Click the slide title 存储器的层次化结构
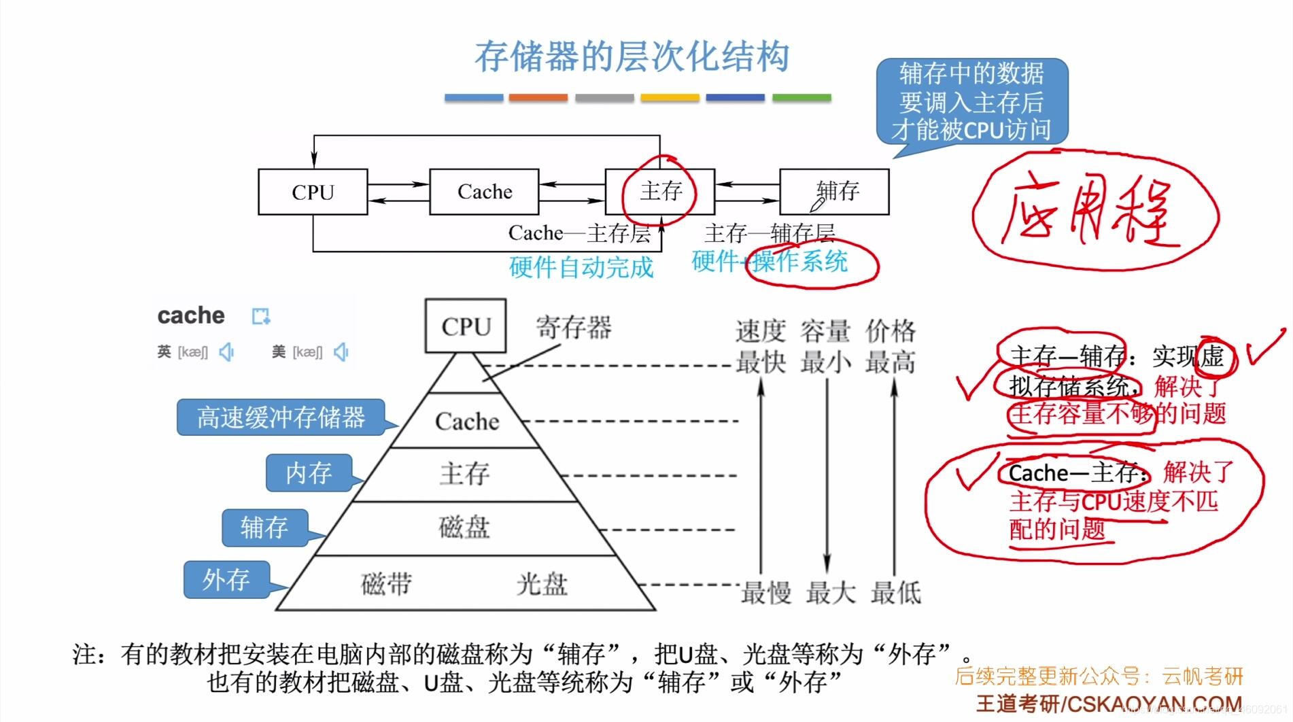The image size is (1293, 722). [632, 56]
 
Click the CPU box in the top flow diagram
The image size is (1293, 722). [313, 192]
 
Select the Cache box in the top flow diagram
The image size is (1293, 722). [484, 192]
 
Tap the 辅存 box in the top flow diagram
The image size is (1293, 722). [834, 192]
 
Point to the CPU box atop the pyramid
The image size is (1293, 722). [466, 326]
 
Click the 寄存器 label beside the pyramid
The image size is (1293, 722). [573, 328]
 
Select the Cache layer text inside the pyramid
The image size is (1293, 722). [467, 422]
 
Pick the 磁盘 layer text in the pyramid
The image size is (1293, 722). [464, 528]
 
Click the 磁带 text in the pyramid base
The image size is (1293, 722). [386, 584]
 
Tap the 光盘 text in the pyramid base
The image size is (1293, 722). [541, 584]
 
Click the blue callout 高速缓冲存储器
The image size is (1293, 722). [281, 417]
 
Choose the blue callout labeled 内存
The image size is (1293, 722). [309, 472]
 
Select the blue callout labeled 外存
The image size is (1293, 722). [226, 580]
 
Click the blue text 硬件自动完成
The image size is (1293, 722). [581, 267]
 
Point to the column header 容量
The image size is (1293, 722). [825, 331]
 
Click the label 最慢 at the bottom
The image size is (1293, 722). [765, 593]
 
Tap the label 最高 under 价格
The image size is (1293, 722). [891, 362]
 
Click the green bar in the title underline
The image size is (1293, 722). [801, 98]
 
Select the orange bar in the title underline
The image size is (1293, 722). [538, 98]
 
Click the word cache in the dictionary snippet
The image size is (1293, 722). [191, 315]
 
